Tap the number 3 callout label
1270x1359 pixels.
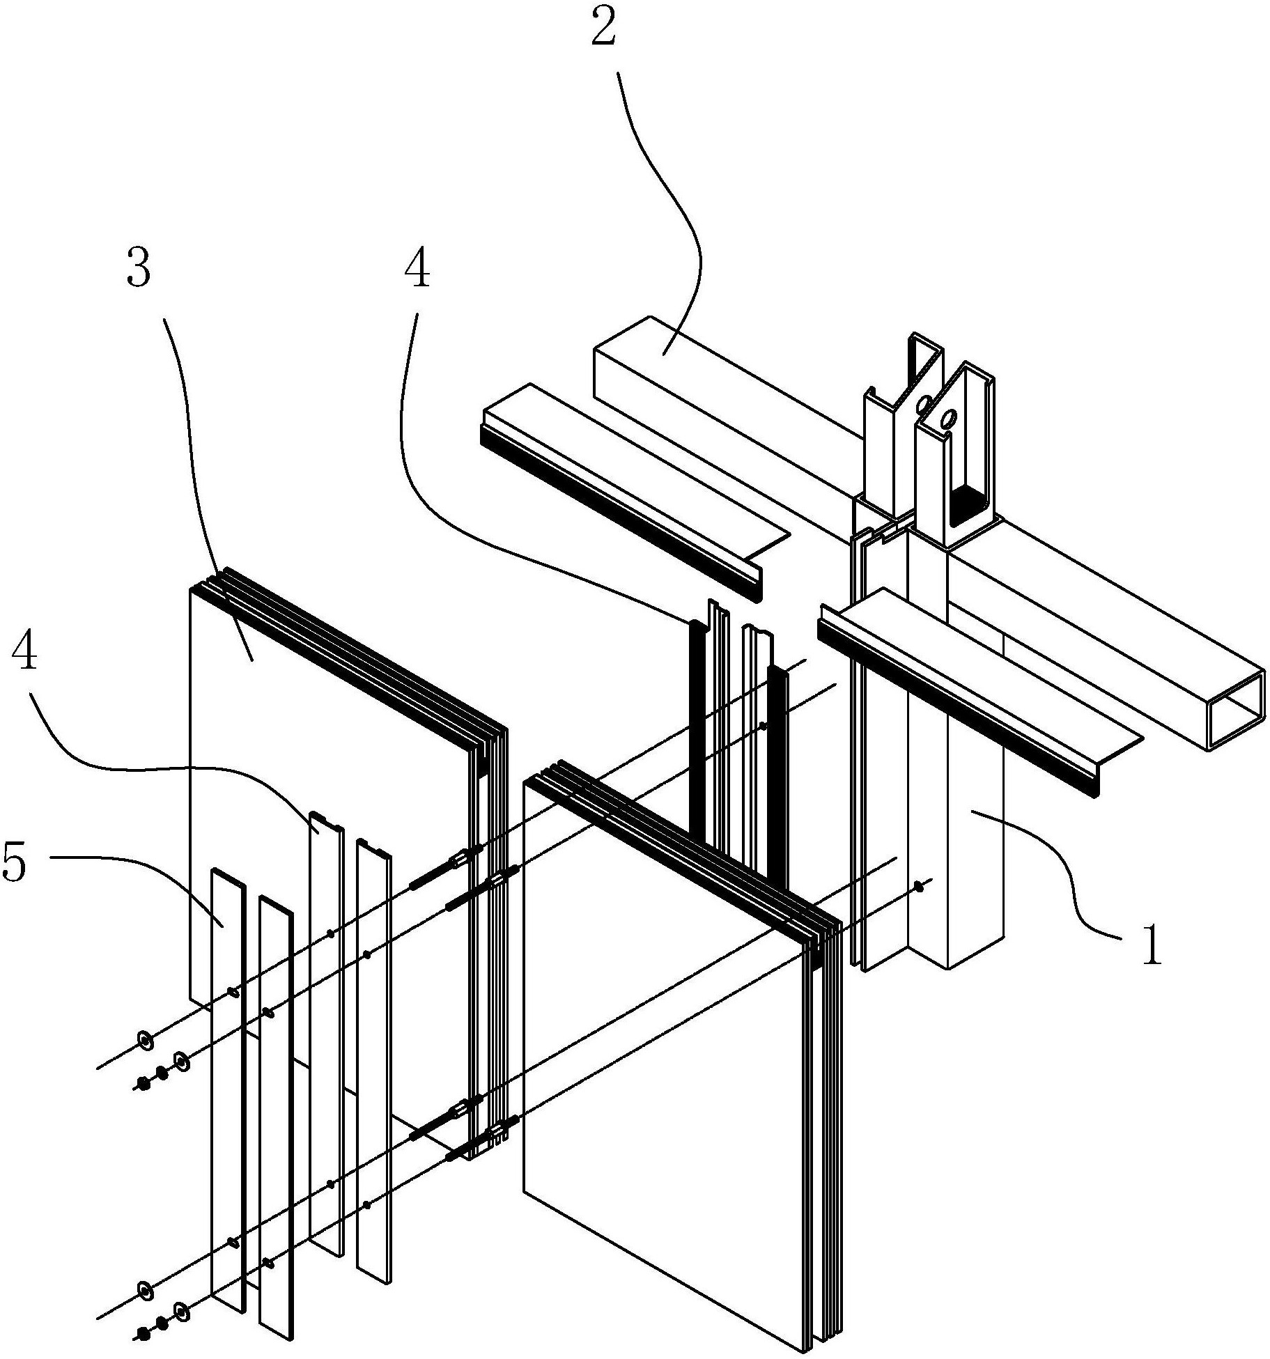click(x=138, y=270)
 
